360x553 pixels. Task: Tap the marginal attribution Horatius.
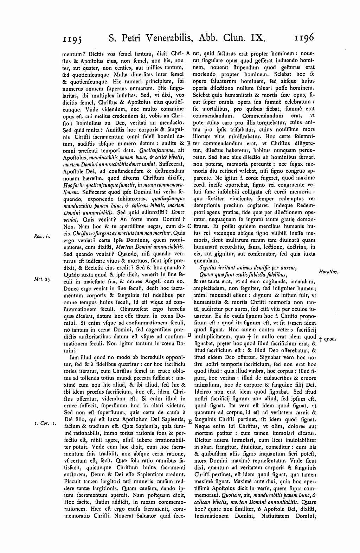pyautogui.click(x=328, y=272)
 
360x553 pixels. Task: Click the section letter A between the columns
pyautogui.click(x=188, y=54)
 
